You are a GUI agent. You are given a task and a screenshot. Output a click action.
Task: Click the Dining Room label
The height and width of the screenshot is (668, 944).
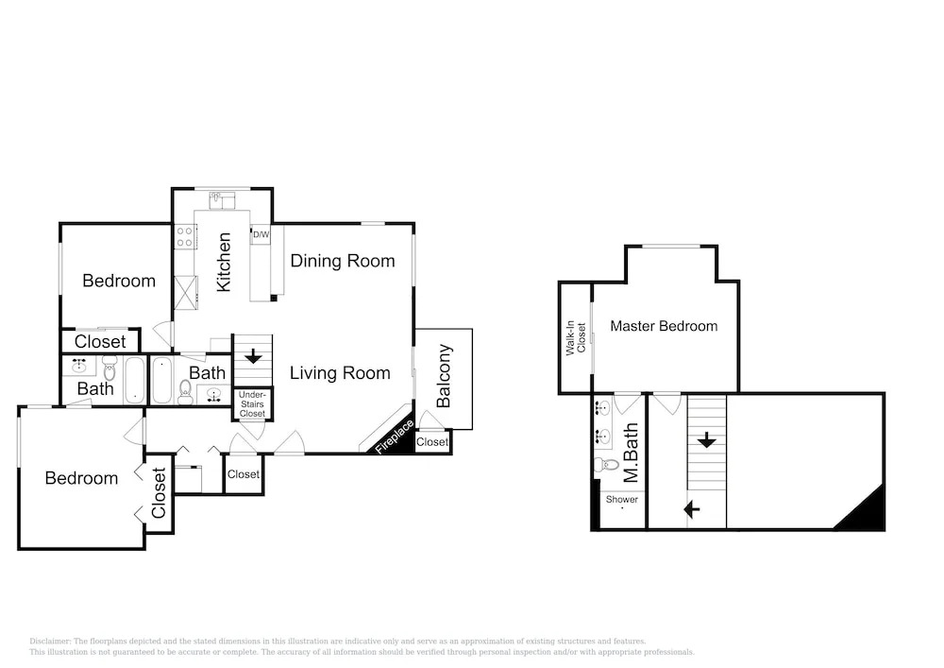pyautogui.click(x=343, y=261)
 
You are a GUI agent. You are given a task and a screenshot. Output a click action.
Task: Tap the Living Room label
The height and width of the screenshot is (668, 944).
pyautogui.click(x=340, y=373)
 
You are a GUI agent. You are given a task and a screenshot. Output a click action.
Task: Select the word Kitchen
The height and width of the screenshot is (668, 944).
pyautogui.click(x=224, y=262)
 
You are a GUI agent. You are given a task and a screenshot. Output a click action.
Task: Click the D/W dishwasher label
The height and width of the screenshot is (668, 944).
pyautogui.click(x=261, y=234)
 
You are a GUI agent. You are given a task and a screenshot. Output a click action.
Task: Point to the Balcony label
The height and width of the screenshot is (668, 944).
pyautogui.click(x=444, y=376)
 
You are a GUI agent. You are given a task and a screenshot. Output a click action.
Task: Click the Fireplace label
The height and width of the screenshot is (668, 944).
pyautogui.click(x=395, y=437)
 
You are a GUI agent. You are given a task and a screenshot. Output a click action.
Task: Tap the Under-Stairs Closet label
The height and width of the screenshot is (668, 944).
pyautogui.click(x=252, y=404)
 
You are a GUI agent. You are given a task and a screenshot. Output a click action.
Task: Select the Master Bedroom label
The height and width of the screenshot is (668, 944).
pyautogui.click(x=664, y=326)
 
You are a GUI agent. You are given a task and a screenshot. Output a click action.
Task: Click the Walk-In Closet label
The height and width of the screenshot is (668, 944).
pyautogui.click(x=576, y=338)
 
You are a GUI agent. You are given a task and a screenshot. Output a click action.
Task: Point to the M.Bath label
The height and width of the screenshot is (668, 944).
pyautogui.click(x=631, y=453)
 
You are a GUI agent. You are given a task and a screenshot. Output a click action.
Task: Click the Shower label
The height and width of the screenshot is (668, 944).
pyautogui.click(x=622, y=499)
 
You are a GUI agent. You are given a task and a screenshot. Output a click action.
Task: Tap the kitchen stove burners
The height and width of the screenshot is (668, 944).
pyautogui.click(x=184, y=237)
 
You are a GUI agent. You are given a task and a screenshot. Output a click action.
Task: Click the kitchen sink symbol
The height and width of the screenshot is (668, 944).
pyautogui.click(x=222, y=200)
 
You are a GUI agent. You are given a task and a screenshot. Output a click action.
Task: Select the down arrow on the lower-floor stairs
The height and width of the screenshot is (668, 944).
pyautogui.click(x=253, y=356)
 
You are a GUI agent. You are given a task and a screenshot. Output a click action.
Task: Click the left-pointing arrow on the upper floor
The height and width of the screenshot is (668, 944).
pyautogui.click(x=692, y=509)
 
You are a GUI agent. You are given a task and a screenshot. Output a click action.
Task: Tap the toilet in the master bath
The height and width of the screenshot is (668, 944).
pyautogui.click(x=606, y=465)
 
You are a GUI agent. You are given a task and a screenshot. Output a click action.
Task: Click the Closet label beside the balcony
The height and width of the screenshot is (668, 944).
pyautogui.click(x=432, y=441)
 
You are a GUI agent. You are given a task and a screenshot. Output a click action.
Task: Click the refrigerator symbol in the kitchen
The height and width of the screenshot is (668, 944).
pyautogui.click(x=185, y=292)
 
